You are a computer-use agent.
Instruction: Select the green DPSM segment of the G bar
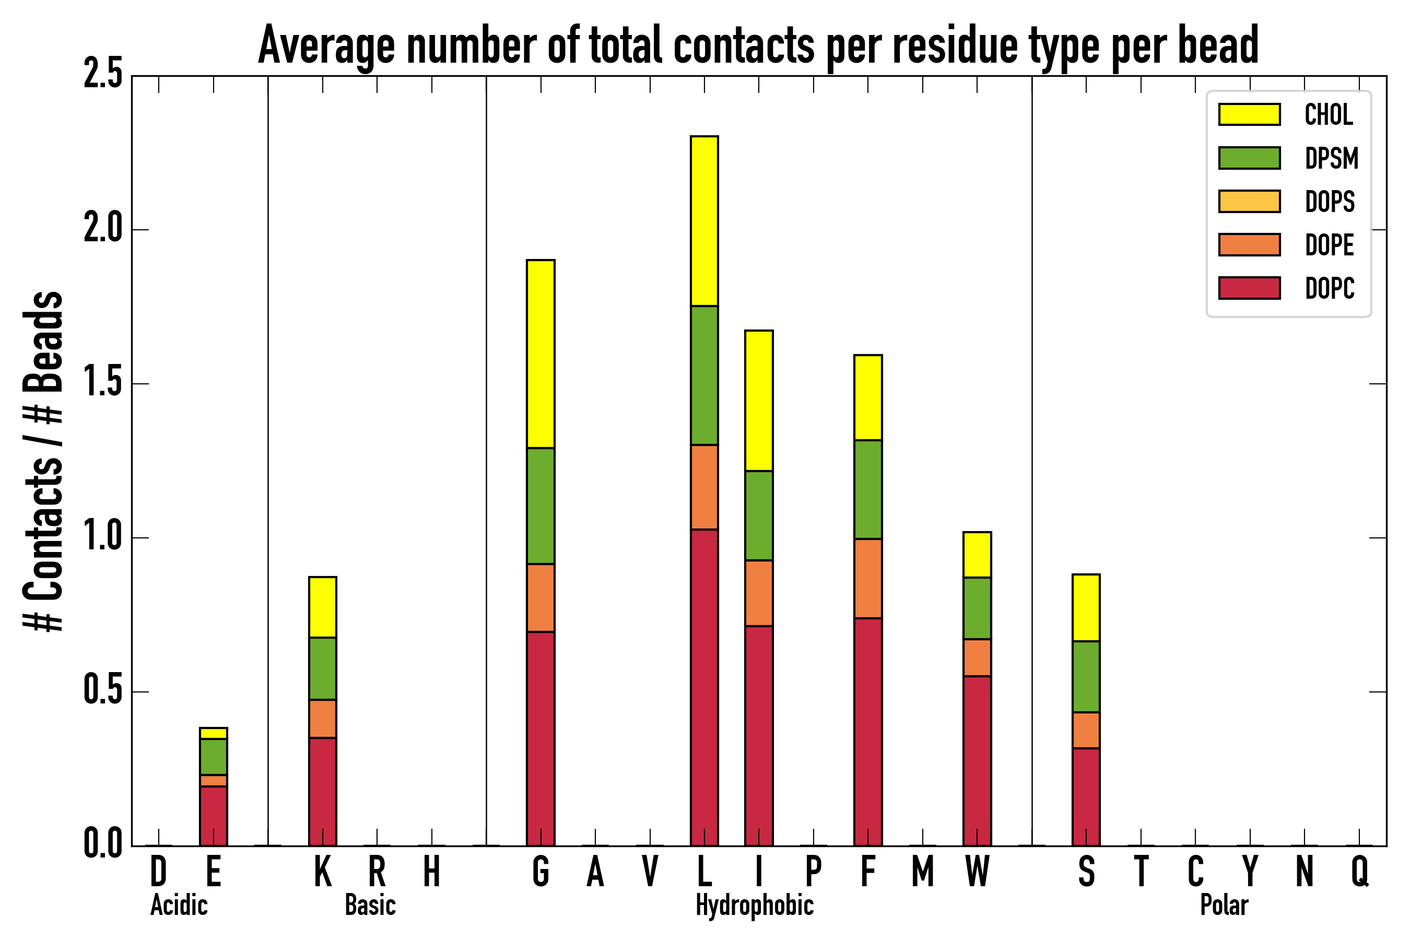coord(540,506)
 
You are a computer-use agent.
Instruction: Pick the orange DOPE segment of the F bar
coord(867,578)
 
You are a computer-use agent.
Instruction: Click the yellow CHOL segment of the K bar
coord(323,607)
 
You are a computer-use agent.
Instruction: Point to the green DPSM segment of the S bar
coord(1086,676)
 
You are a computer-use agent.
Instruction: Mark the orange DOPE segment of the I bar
coord(758,593)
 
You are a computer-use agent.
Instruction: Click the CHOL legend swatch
coord(1249,114)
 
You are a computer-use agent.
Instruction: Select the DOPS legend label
coord(1330,202)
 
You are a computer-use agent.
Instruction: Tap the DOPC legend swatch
coord(1249,288)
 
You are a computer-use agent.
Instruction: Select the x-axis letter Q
coord(1360,872)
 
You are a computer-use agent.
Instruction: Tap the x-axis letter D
coord(158,872)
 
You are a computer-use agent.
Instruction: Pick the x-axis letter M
coord(923,872)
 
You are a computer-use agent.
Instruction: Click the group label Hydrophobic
coord(754,905)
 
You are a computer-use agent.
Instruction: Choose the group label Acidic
coord(179,905)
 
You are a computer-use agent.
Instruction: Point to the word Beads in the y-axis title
coord(43,341)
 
